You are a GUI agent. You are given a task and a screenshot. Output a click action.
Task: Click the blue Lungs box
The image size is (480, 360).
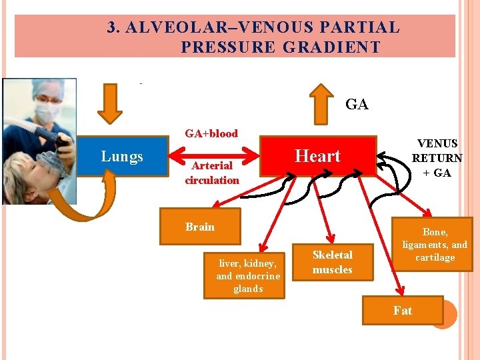tap(123, 157)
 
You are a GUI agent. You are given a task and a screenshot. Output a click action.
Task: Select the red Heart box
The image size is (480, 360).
tap(317, 156)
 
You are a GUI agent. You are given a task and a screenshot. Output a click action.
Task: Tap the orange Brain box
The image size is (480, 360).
tap(200, 227)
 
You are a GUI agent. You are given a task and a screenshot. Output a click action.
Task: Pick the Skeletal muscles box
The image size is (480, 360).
tap(332, 262)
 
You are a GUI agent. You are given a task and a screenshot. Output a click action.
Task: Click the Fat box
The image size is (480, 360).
tap(402, 311)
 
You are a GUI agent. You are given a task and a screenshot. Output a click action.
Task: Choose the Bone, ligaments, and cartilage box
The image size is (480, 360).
tap(435, 244)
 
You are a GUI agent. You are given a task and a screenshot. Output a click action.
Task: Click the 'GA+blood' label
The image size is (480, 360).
tap(211, 133)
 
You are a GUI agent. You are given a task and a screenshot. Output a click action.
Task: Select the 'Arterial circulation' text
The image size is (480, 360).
tap(212, 173)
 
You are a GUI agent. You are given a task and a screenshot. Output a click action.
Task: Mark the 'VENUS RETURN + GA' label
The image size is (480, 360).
tap(437, 158)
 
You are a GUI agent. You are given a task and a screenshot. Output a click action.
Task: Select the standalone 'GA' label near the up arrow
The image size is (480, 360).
tap(357, 105)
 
